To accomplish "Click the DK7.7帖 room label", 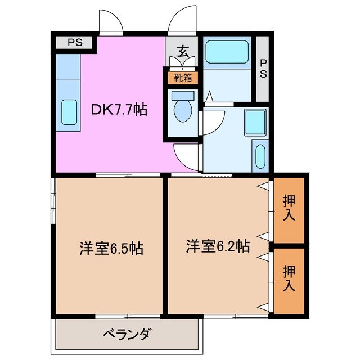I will tap(119, 109).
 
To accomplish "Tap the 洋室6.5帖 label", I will tap(111, 247).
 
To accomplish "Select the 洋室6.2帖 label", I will tap(218, 245).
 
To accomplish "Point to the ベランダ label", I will tap(127, 335).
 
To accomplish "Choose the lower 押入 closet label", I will tap(289, 278).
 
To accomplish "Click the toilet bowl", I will tap(182, 111).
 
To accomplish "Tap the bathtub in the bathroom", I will tap(227, 53).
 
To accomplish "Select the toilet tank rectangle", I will tap(182, 95).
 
